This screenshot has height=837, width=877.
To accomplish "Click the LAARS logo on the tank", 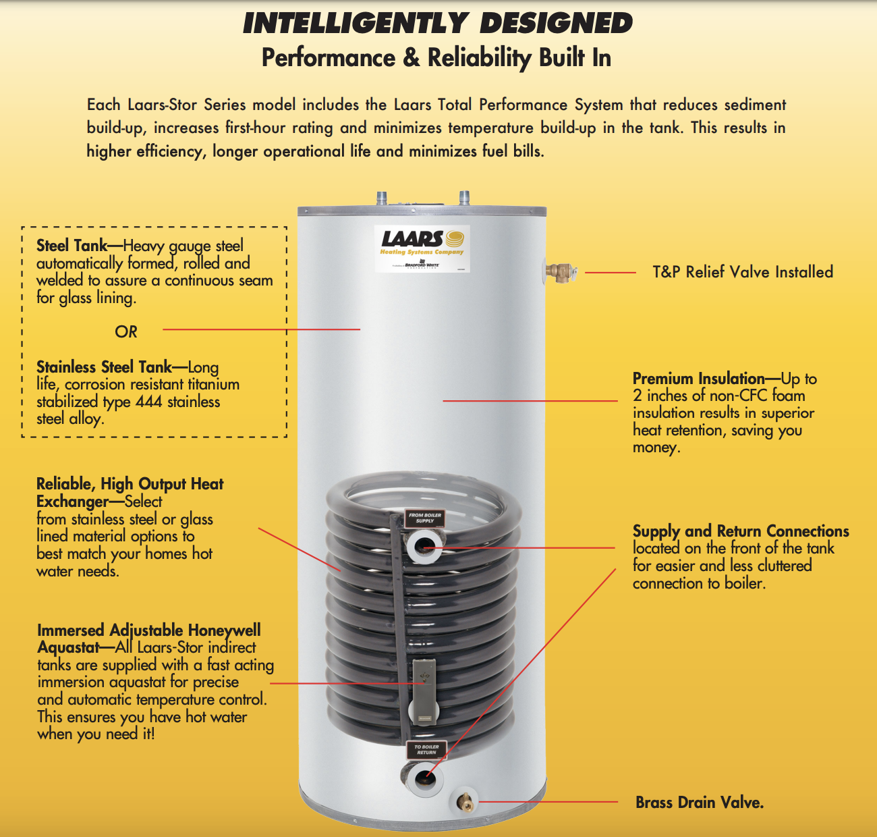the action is [x=422, y=248].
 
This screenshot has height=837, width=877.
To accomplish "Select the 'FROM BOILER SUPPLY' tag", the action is [x=425, y=518].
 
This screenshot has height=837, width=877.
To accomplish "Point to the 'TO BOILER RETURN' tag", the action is [x=426, y=749].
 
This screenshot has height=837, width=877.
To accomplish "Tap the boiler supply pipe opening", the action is [x=424, y=546].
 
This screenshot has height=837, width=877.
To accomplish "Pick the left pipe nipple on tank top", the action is [x=381, y=198].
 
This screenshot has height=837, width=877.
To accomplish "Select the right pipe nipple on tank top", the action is [x=464, y=196].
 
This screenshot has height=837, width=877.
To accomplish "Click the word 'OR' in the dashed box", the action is [x=125, y=331].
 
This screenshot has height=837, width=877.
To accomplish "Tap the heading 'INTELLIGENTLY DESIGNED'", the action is [x=438, y=23].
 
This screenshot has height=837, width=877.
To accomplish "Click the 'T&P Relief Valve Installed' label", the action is [x=743, y=272].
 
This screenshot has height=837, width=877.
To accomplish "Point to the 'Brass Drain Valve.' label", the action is [x=700, y=802].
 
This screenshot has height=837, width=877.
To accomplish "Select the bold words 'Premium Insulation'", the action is [x=699, y=379].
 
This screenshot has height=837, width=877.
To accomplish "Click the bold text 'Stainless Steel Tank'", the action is [x=104, y=367].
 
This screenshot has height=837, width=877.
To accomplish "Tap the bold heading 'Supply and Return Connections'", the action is [x=741, y=531].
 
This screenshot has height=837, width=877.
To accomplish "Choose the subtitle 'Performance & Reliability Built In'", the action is [x=436, y=58].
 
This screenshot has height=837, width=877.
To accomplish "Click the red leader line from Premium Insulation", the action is [x=530, y=401].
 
